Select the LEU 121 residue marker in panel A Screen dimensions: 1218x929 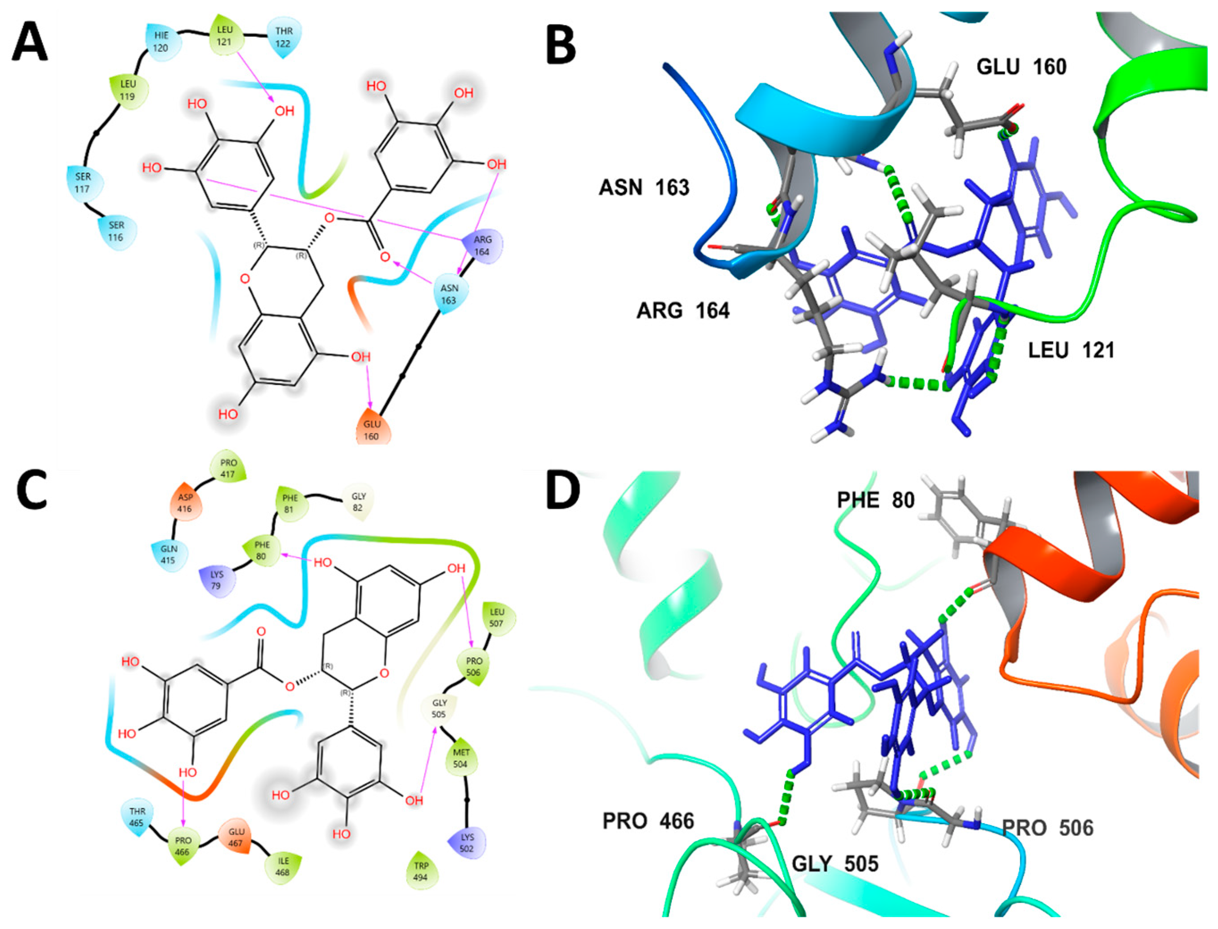coord(225,35)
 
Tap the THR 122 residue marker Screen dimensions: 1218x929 coord(284,37)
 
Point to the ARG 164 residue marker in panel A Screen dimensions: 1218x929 coord(482,246)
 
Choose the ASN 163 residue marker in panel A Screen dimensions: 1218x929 coord(449,294)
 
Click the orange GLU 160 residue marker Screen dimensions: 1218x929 coord(372,429)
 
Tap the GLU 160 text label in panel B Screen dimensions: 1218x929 coord(1021,67)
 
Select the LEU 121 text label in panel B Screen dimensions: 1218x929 coord(1071,350)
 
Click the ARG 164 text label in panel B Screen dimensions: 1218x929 coord(682,311)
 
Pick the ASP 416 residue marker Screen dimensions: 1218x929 coord(185,503)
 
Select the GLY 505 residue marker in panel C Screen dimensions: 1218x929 coord(439,708)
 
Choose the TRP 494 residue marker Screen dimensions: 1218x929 coord(421,871)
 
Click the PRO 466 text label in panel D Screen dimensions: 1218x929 coord(648,821)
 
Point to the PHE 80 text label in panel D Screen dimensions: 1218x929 coord(875,500)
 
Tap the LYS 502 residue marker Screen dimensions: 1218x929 coord(467,843)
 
